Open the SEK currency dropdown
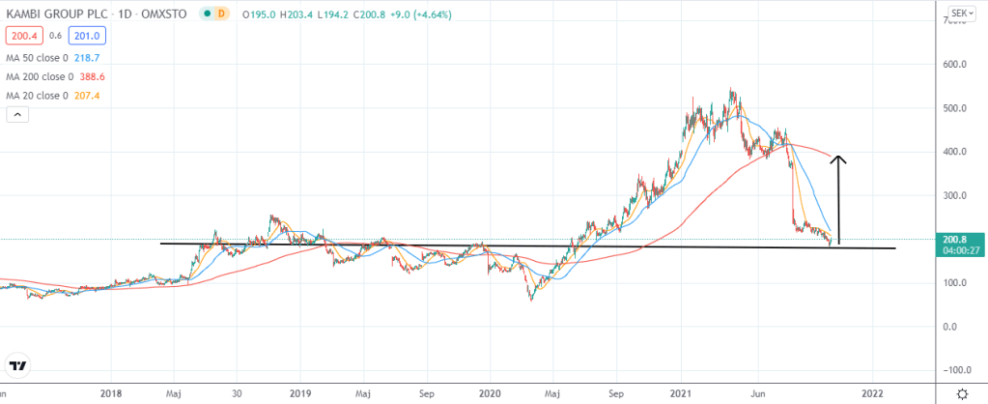click(960, 14)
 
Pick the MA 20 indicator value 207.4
click(94, 95)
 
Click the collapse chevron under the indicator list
click(17, 115)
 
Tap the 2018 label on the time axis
click(111, 393)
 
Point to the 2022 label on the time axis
click(872, 393)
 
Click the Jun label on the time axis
click(746, 393)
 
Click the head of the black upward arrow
click(840, 159)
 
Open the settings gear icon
click(962, 393)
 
